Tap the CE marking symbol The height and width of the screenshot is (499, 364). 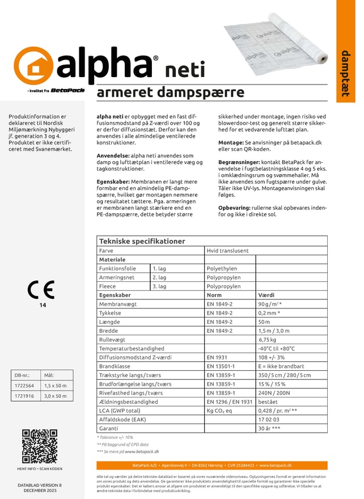[x=41, y=290]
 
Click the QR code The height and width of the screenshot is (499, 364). [x=40, y=446]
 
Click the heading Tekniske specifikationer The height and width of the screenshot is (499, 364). [x=142, y=241]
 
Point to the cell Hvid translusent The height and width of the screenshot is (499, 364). [x=227, y=250]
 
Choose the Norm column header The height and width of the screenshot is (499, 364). [x=214, y=295]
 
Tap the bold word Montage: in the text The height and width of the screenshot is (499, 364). [x=230, y=143]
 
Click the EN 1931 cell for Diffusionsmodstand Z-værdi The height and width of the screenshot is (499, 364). [x=217, y=357]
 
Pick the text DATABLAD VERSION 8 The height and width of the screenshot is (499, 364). [x=40, y=485]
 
